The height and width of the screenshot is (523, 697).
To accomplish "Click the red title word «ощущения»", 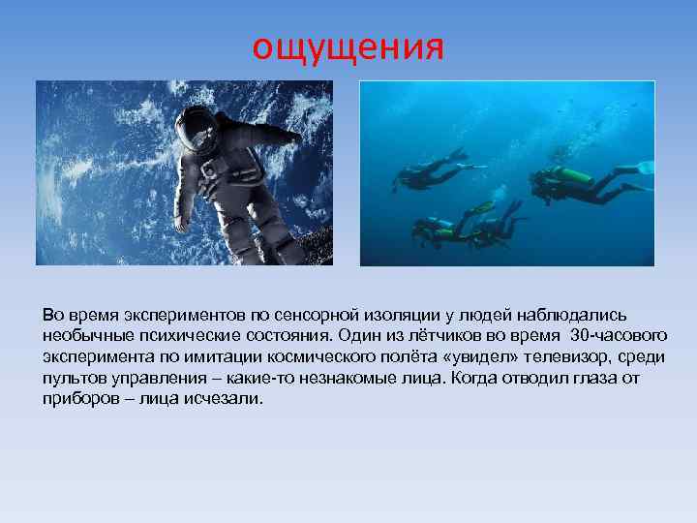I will tap(348, 46).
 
